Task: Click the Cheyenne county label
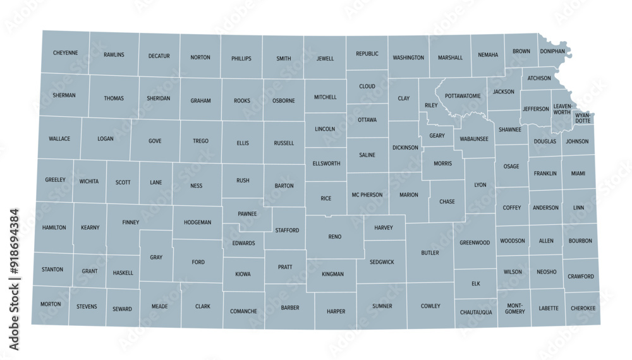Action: coord(65,53)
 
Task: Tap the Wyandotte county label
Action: coord(582,117)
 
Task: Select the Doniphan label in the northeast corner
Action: coord(552,51)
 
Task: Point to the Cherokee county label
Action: coord(582,308)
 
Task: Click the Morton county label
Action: coord(51,304)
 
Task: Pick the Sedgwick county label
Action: coord(382,261)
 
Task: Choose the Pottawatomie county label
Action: coord(463,96)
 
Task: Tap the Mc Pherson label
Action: coord(367,195)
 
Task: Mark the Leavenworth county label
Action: coord(561,109)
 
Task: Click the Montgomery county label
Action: coord(515,308)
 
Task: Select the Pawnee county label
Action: coord(247,214)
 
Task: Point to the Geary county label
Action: coord(437,135)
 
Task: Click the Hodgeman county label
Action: coord(197,222)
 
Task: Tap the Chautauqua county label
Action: coord(475,312)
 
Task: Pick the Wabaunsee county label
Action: coord(473,138)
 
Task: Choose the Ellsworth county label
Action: coord(326,164)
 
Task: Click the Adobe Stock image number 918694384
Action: coord(15,280)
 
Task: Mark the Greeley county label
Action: coord(55,180)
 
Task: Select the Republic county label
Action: coord(367,54)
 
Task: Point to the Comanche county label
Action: coord(243,311)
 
